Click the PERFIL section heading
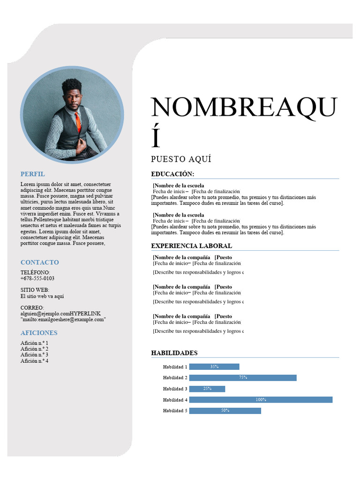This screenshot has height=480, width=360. pyautogui.click(x=33, y=174)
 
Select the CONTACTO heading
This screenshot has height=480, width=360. pyautogui.click(x=40, y=262)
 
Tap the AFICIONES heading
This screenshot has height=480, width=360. pyautogui.click(x=39, y=333)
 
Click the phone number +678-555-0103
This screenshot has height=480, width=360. pyautogui.click(x=37, y=278)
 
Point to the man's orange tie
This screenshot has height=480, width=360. pyautogui.click(x=78, y=122)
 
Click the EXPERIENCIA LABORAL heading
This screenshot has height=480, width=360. pyautogui.click(x=191, y=246)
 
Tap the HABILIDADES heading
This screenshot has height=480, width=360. pyautogui.click(x=174, y=353)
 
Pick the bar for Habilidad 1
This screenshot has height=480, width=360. pyautogui.click(x=214, y=367)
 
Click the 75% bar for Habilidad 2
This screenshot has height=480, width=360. pyautogui.click(x=243, y=378)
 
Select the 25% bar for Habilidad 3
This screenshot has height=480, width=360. pyautogui.click(x=207, y=389)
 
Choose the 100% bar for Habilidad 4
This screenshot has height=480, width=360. pyautogui.click(x=261, y=400)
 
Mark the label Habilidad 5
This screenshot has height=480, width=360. pyautogui.click(x=175, y=411)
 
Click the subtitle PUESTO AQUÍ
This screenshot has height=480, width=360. pyautogui.click(x=181, y=159)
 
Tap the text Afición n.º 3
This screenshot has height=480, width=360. pyautogui.click(x=34, y=355)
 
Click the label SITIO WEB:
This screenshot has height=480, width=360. pyautogui.click(x=35, y=290)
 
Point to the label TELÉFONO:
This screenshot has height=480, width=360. pyautogui.click(x=35, y=272)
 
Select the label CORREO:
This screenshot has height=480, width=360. pyautogui.click(x=32, y=307)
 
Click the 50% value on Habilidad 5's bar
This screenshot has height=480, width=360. pyautogui.click(x=225, y=411)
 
